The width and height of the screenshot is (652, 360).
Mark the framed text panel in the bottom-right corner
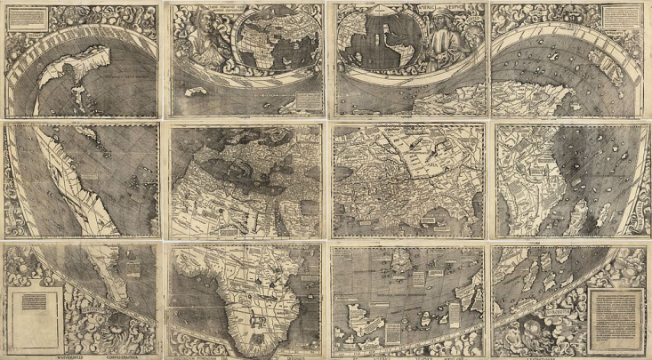click(615, 311)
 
